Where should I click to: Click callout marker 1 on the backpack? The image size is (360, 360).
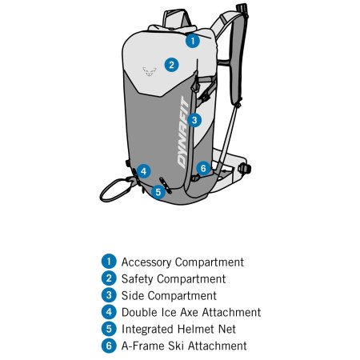coord(192,39)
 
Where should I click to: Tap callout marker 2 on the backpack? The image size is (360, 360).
coord(171,65)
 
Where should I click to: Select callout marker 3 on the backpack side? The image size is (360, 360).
coord(195,120)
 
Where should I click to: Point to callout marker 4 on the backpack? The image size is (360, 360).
coord(143,170)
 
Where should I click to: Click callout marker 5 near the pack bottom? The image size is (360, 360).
coord(158,191)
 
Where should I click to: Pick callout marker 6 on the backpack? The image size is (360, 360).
coord(203,168)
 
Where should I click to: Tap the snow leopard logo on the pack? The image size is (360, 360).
coord(149,70)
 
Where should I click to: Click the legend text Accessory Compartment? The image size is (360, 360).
coord(182,262)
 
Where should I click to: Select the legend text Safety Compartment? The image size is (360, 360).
coord(173,278)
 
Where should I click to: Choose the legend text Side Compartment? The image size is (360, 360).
coord(169,295)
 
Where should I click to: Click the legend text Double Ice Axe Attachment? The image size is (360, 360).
coord(190,312)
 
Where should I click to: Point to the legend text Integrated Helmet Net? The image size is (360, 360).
coord(179,329)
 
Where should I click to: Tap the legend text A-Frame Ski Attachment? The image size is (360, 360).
coord(184,346)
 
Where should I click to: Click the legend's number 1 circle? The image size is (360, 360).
coord(109,262)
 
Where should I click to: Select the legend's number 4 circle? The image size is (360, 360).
coord(109,312)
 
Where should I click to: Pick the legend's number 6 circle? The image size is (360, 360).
coord(109,346)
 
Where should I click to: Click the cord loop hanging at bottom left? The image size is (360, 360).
coord(114,190)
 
